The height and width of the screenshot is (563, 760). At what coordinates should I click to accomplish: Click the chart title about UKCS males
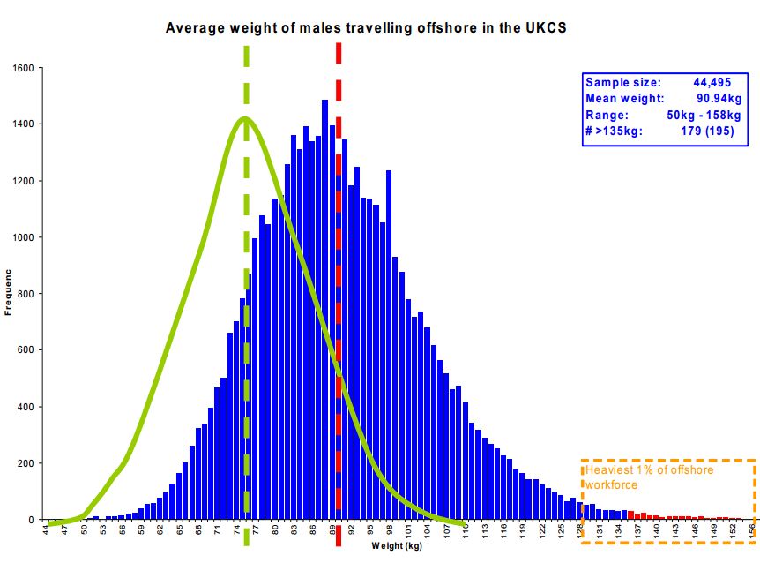click(x=366, y=27)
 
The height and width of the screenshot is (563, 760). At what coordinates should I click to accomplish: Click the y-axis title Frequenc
click(x=8, y=294)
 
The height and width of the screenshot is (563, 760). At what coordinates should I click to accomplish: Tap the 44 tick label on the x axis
click(x=46, y=531)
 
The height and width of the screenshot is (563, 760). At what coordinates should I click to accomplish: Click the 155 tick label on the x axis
click(x=752, y=531)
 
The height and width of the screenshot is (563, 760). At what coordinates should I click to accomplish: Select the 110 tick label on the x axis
click(x=466, y=531)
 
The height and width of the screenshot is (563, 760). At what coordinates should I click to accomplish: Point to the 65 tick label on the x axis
click(x=180, y=531)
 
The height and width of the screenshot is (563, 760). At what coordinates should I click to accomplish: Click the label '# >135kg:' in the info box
click(x=615, y=131)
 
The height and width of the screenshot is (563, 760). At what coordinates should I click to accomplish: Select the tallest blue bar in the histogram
click(x=324, y=309)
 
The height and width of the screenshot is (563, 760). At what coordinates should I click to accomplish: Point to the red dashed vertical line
click(x=338, y=265)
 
